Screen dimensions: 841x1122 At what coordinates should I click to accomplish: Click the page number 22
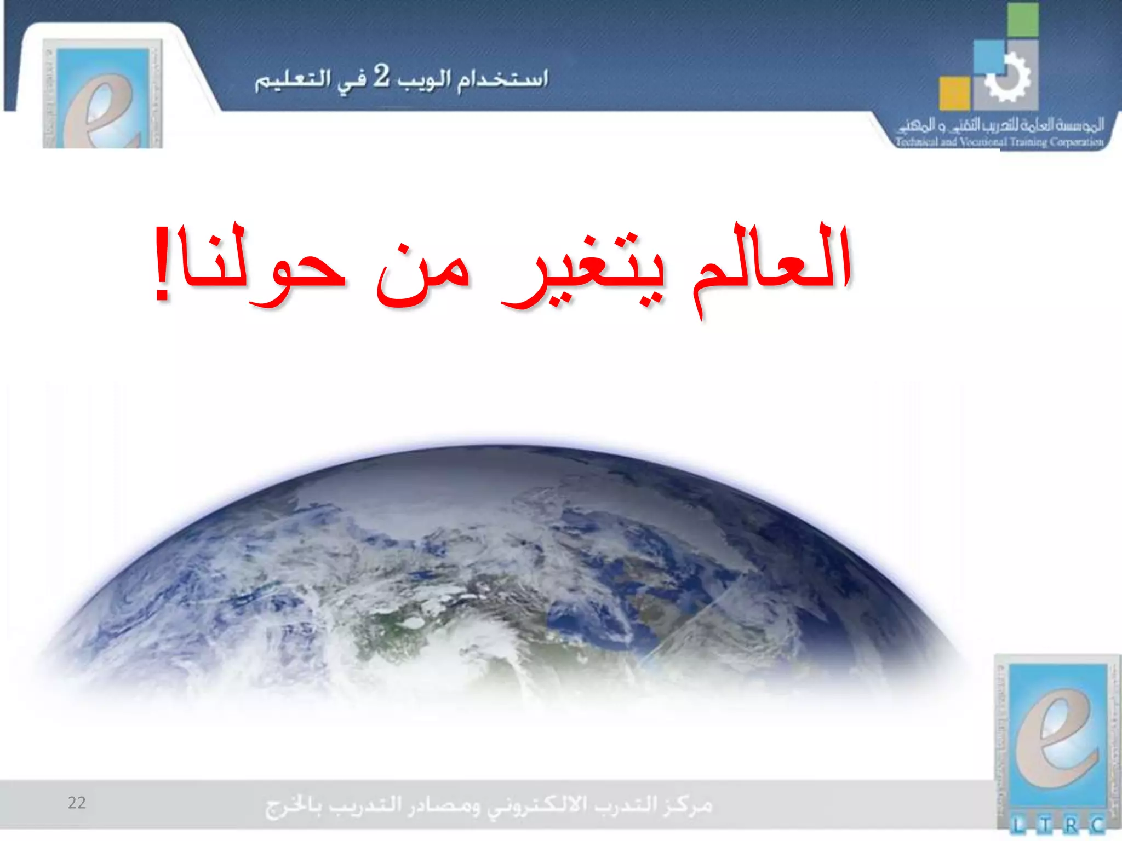point(77,803)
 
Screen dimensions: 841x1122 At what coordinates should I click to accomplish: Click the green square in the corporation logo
point(1022,20)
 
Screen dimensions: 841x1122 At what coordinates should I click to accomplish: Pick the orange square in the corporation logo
point(954,93)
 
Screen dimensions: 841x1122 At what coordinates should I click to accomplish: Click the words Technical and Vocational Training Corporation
point(999,142)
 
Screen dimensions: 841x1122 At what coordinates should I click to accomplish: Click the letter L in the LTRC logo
point(1018,825)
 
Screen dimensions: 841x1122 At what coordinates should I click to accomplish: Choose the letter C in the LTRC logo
point(1097,825)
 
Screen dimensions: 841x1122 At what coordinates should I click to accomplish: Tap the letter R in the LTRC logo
point(1071,825)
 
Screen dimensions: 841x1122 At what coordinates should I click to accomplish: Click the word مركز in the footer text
point(688,805)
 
